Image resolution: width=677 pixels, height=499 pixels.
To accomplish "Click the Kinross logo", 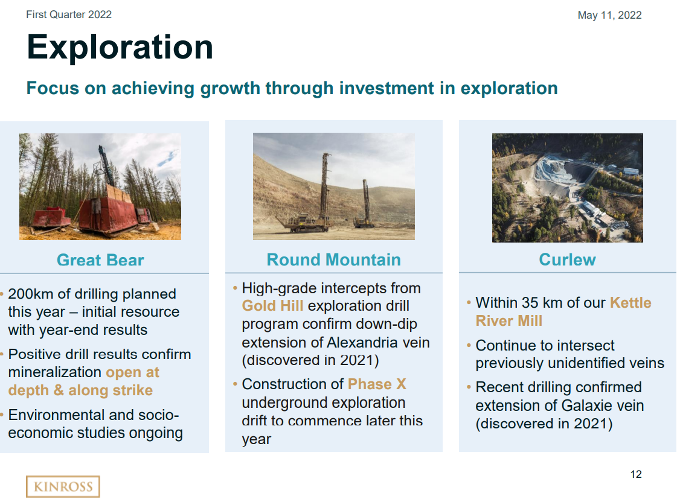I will tap(63, 486).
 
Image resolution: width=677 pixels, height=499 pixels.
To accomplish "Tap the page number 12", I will tap(635, 474).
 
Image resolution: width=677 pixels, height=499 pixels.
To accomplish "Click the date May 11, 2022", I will tap(609, 15).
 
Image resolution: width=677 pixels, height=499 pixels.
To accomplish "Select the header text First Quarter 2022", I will tap(69, 14).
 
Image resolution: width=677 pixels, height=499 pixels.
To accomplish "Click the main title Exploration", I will tap(120, 47).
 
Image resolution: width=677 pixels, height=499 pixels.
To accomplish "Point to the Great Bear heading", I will tap(100, 260).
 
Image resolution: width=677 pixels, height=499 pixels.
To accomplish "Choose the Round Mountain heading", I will tap(333, 259).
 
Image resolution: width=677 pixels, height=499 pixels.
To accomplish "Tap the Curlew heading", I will tap(567, 259).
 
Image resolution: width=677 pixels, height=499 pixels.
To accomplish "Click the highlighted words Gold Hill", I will tap(272, 306).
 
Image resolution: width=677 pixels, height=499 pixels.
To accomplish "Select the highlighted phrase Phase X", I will tap(377, 384).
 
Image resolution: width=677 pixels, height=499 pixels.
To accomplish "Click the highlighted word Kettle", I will tap(630, 302).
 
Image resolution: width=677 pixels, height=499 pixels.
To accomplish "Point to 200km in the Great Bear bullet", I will tap(30, 294).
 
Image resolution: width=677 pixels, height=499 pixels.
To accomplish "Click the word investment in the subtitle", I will tap(386, 88).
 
